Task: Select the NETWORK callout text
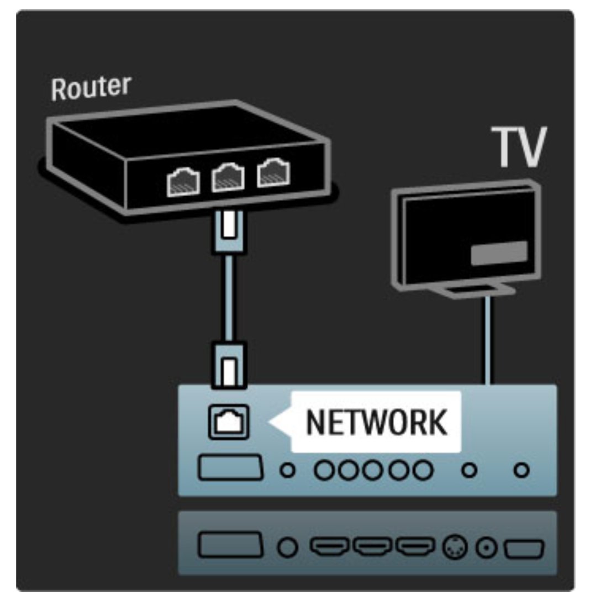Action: click(x=377, y=423)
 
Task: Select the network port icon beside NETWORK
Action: click(x=226, y=423)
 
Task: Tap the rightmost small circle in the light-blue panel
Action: click(x=521, y=471)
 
